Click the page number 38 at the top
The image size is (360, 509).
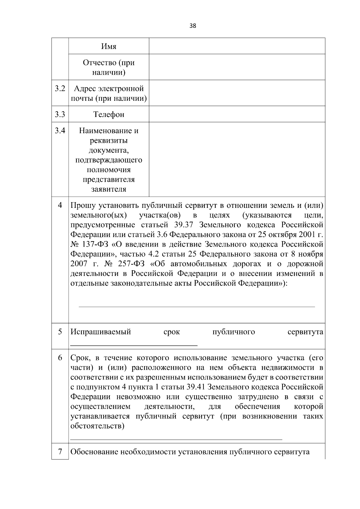(193, 26)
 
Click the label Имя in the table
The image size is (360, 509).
(109, 46)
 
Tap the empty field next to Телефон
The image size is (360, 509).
(237, 114)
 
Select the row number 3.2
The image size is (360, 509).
(60, 88)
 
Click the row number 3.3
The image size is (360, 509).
(60, 114)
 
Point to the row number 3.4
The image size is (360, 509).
(60, 130)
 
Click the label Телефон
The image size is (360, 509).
(109, 114)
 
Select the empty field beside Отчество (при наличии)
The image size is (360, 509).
(237, 67)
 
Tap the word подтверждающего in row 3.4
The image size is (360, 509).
(109, 160)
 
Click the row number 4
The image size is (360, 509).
(60, 205)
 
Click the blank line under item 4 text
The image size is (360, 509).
(196, 307)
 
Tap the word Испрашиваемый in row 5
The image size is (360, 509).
(101, 332)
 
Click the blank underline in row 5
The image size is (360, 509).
(134, 345)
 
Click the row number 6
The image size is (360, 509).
(60, 358)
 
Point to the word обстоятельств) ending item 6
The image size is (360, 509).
(97, 426)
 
